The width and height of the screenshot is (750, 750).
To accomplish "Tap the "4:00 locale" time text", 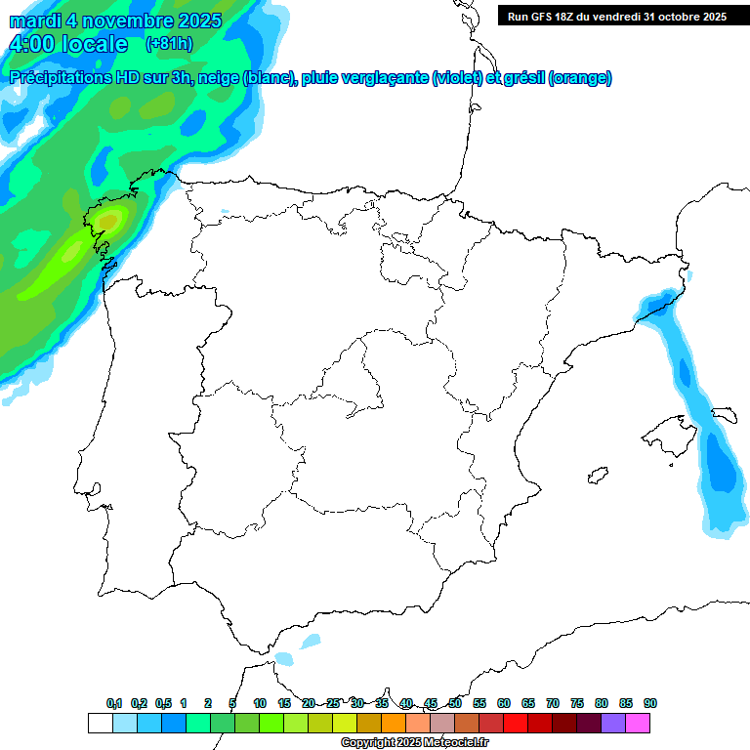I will tap(68, 44).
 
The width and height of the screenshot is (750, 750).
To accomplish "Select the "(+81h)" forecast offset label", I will tap(169, 44).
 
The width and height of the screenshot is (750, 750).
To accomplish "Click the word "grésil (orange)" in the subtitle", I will tap(566, 78).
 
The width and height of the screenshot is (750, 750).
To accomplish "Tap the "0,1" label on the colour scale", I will tap(114, 703).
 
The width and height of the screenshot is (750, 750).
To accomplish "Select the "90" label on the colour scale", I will tap(650, 703).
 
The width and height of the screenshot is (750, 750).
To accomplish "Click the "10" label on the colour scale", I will tap(260, 703).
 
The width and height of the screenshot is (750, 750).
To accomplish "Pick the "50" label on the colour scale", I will tap(455, 703).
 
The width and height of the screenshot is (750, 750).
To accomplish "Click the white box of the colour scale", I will tap(100, 723).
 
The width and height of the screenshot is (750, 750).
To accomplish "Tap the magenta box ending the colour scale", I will tap(638, 723).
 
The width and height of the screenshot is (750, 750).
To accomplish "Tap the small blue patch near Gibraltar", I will tap(310, 642).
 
